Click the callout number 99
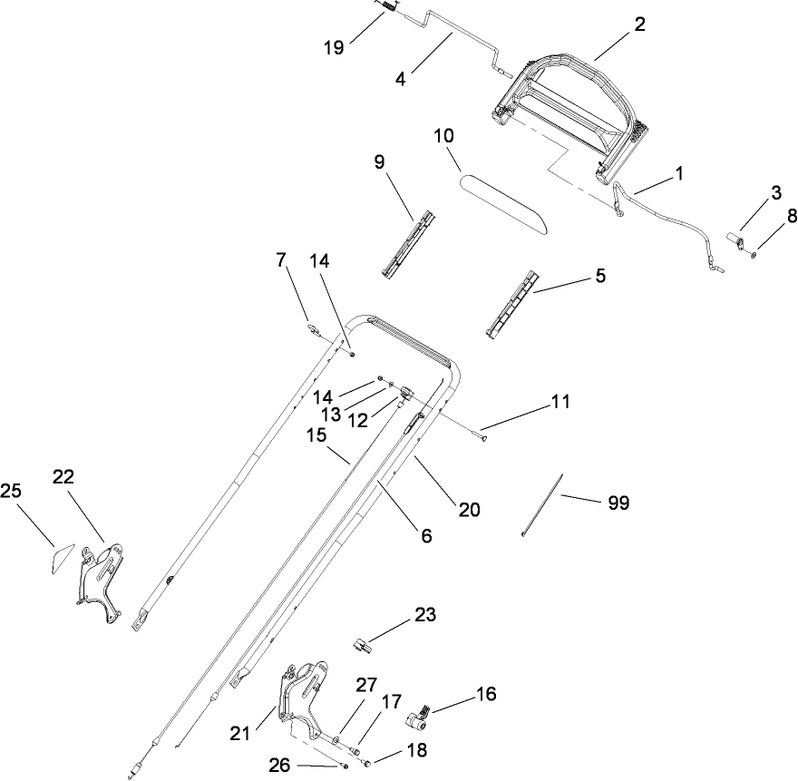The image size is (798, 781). [618, 502]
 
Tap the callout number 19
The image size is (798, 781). [334, 47]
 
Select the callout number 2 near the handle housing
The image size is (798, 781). [639, 24]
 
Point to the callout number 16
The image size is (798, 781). [486, 694]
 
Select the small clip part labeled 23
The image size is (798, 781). [362, 645]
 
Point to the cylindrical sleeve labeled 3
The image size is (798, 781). [736, 240]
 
